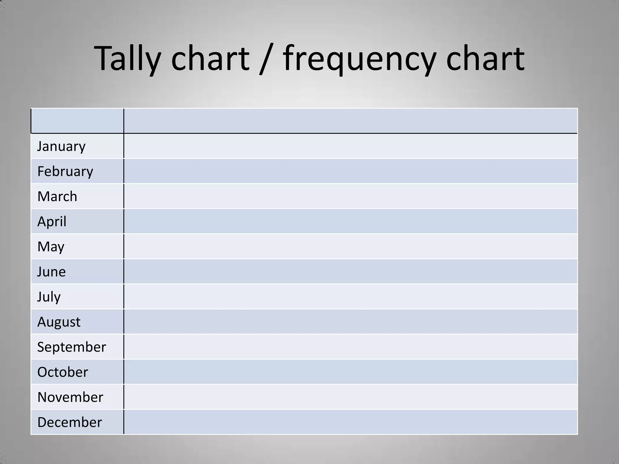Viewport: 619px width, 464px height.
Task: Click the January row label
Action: [61, 147]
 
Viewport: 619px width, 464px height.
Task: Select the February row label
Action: [65, 172]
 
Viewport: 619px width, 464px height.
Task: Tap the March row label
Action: [57, 196]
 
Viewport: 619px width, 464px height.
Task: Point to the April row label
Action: [52, 221]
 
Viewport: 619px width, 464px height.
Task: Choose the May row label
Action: [51, 247]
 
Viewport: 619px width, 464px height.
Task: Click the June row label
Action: [51, 272]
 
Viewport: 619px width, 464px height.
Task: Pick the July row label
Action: [49, 297]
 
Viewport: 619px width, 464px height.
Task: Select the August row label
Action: [59, 322]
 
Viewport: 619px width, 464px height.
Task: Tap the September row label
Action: [72, 347]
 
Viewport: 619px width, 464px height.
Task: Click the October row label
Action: [63, 372]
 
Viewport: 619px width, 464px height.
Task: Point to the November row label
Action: [70, 397]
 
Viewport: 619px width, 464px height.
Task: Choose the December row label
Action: [70, 422]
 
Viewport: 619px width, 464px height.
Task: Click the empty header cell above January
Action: [77, 121]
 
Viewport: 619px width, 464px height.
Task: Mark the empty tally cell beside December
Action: [351, 422]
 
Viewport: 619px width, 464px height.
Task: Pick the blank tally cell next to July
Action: [351, 297]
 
